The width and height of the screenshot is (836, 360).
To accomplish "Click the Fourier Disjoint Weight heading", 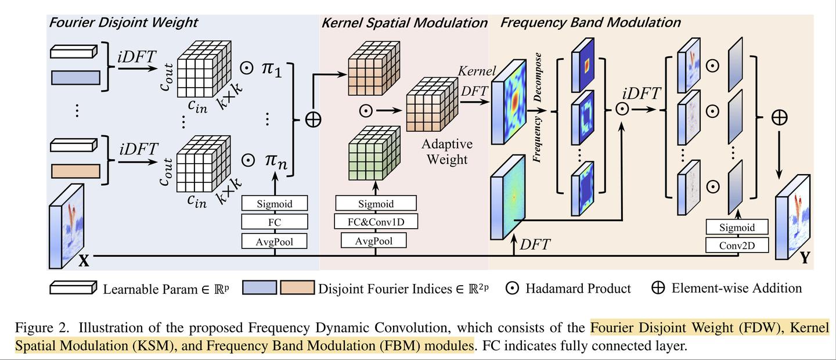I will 123,23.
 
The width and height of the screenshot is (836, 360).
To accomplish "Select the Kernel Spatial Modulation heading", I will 404,23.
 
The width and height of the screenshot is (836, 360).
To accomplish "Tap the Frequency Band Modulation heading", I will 590,23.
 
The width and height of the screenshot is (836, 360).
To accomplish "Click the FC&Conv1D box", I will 376,222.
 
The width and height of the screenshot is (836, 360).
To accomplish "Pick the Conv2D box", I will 737,245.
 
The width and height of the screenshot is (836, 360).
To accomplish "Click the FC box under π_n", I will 275,222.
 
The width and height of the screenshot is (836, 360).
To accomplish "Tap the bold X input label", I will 84,261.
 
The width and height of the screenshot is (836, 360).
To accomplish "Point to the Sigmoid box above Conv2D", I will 737,228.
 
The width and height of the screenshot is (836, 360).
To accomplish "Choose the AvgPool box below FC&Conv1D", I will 376,240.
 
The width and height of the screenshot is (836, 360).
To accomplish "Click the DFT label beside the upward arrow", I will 535,245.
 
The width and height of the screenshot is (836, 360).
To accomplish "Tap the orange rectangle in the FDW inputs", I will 76,171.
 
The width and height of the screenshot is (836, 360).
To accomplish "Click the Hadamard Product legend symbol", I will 511,289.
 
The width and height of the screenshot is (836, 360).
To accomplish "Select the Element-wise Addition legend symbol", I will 658,288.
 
